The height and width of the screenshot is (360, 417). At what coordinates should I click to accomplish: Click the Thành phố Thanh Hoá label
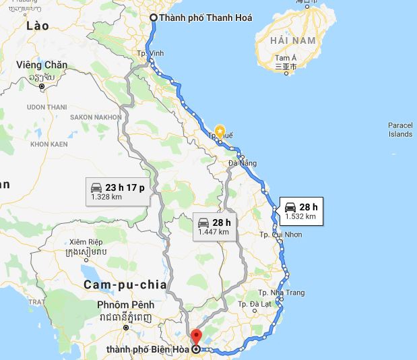(x=205, y=18)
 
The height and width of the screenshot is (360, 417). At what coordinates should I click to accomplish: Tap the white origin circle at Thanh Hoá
(x=154, y=18)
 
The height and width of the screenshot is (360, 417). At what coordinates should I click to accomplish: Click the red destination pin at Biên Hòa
(x=196, y=336)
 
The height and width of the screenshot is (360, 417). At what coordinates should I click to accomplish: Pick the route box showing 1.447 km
(x=214, y=227)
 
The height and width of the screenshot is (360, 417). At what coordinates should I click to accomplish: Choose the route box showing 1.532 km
(x=300, y=212)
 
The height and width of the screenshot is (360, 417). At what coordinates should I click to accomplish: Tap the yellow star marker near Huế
(x=220, y=131)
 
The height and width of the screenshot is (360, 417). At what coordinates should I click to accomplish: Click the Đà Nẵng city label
(x=243, y=163)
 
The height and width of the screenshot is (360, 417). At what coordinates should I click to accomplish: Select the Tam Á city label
(x=285, y=59)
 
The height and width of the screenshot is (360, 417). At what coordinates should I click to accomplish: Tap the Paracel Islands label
(x=400, y=129)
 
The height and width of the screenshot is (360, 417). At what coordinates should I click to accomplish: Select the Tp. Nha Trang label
(x=282, y=293)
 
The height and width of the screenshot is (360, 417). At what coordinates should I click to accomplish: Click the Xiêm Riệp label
(x=88, y=241)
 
